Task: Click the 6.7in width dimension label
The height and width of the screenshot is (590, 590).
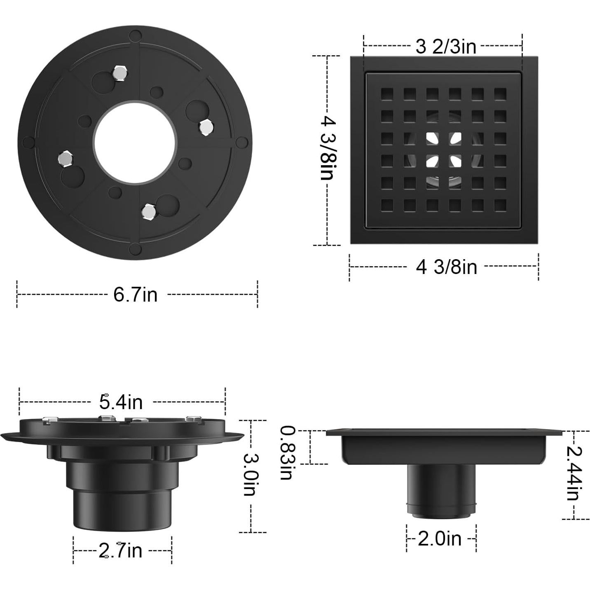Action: (x=136, y=295)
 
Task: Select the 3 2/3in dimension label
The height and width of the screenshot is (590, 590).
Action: (x=446, y=47)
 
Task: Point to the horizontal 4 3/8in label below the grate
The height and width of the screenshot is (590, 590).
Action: (x=447, y=267)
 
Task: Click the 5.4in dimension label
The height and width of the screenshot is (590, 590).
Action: (x=121, y=402)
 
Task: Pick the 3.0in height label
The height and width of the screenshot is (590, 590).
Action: (x=251, y=474)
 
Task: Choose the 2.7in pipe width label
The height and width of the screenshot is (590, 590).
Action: (x=120, y=550)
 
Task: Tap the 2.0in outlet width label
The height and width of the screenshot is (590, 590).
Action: (x=440, y=538)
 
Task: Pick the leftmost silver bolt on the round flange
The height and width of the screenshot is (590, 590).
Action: (x=65, y=159)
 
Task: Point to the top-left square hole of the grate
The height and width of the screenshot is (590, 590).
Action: (x=387, y=94)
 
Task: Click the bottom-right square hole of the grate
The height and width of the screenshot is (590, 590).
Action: (x=500, y=205)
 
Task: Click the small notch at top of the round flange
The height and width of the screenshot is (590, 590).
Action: (x=135, y=36)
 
